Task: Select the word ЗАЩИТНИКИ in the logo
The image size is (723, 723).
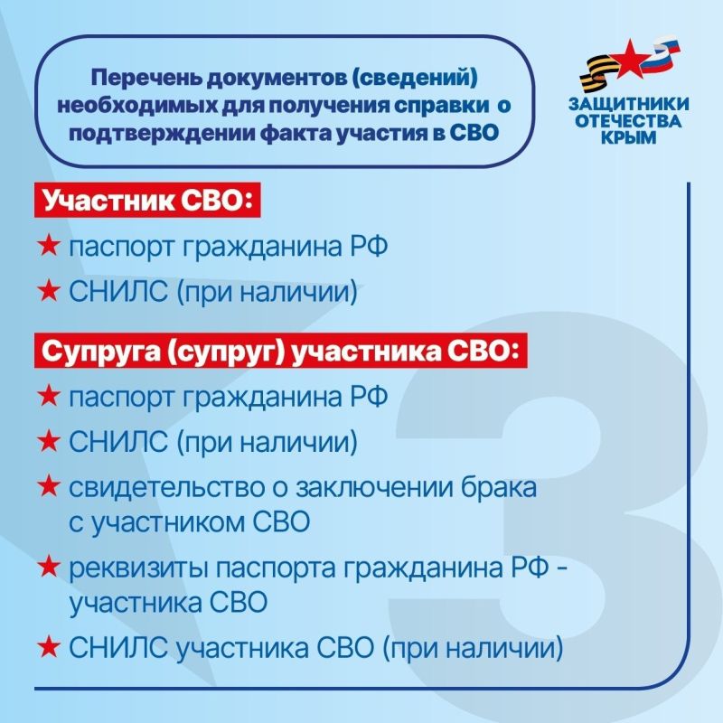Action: pos(634,104)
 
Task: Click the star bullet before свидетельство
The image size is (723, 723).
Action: pos(49,488)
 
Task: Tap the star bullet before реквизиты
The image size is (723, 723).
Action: pos(49,568)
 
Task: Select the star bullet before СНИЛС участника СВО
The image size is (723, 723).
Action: pos(49,647)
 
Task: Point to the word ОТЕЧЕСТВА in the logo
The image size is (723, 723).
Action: pos(634,121)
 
